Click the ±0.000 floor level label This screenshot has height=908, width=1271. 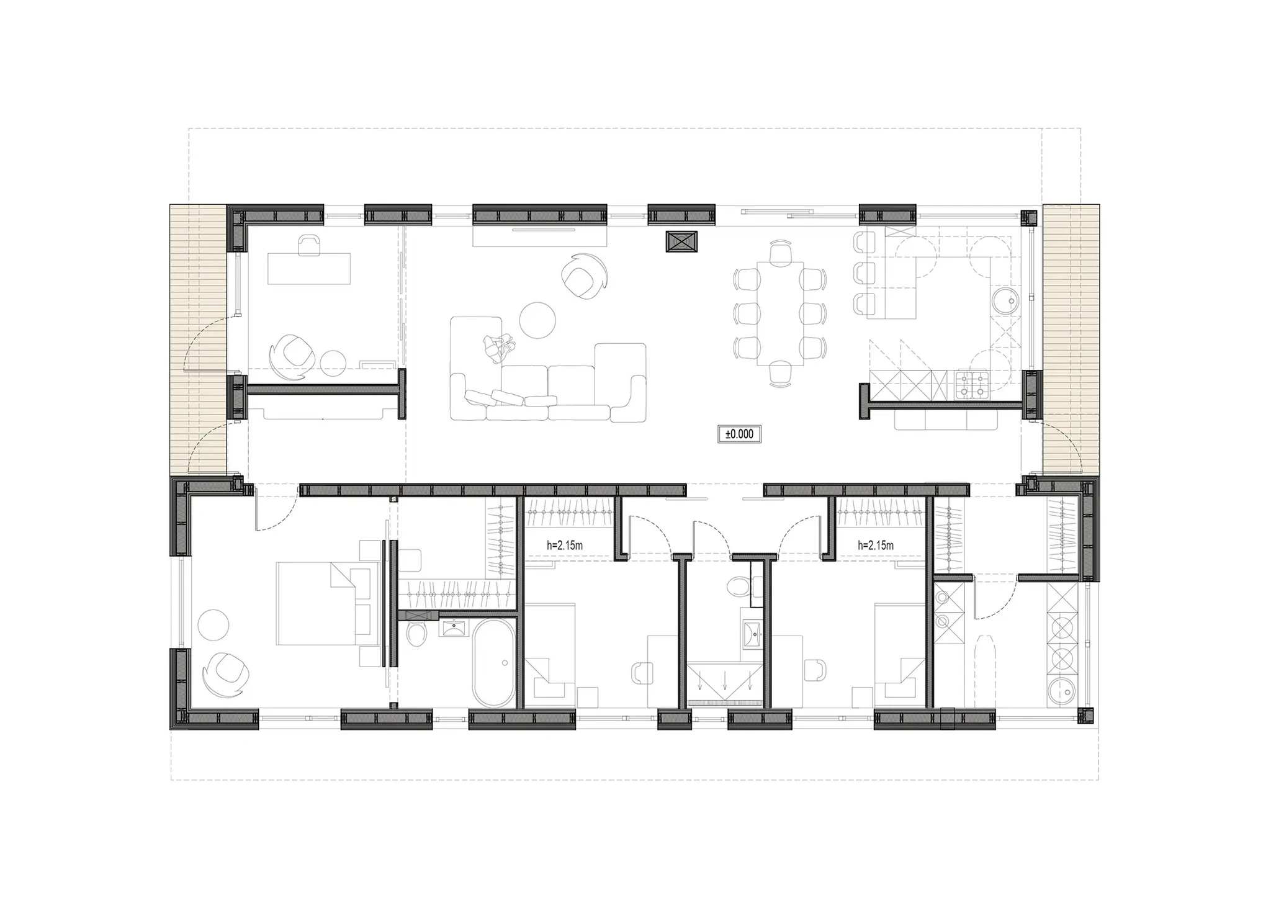739,434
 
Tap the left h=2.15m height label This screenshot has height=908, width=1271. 564,546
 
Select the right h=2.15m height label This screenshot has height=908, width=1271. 876,546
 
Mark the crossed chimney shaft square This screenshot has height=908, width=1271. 681,241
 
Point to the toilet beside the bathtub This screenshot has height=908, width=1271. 416,634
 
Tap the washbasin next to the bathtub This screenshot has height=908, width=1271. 457,628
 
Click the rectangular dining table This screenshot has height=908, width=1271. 779,313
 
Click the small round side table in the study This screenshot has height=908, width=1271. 334,364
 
